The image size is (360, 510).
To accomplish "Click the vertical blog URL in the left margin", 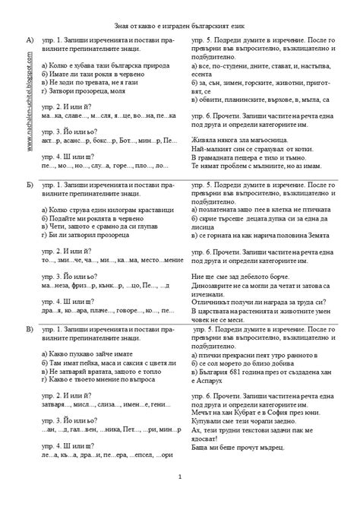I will (29, 106).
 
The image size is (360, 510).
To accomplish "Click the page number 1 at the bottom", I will (180, 477).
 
